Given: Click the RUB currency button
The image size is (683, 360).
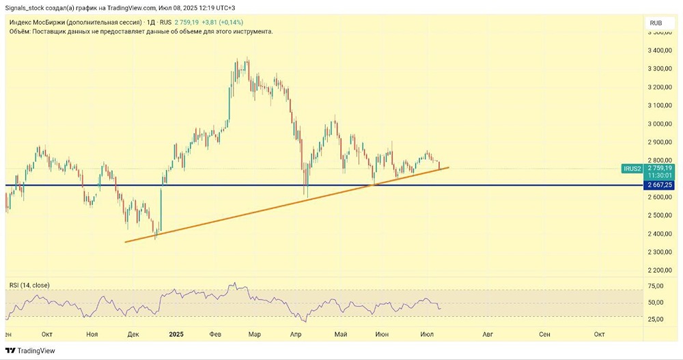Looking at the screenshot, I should (656, 23).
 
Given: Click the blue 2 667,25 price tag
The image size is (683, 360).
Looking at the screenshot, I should (659, 185).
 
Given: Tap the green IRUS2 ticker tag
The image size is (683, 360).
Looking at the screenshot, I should (632, 167).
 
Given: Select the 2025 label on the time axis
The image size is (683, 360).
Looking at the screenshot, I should (176, 334).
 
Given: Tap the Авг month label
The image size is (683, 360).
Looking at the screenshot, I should (488, 334).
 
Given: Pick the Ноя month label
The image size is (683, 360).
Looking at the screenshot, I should (92, 334).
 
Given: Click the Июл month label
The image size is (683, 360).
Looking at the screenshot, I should (428, 334).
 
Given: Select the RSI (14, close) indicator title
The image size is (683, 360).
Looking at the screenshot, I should (29, 285).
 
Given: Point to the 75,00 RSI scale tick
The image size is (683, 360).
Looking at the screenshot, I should (656, 286).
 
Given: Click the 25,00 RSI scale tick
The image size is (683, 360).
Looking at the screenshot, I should (656, 319).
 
